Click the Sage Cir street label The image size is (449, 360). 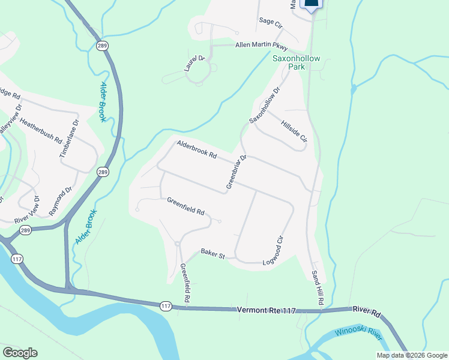270,22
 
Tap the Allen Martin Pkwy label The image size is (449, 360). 261,46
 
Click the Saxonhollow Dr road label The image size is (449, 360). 265,105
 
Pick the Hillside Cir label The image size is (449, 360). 294,130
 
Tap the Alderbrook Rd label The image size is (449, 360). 196,149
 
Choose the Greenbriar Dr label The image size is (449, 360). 237,172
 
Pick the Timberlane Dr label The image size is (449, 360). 68,137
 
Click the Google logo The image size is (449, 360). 20,353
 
